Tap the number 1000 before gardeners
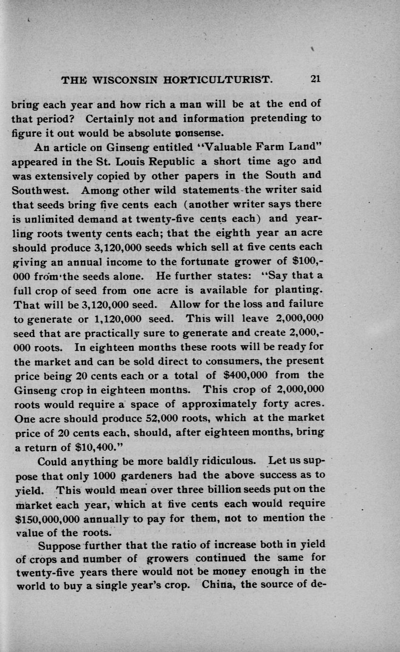[x=104, y=475]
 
